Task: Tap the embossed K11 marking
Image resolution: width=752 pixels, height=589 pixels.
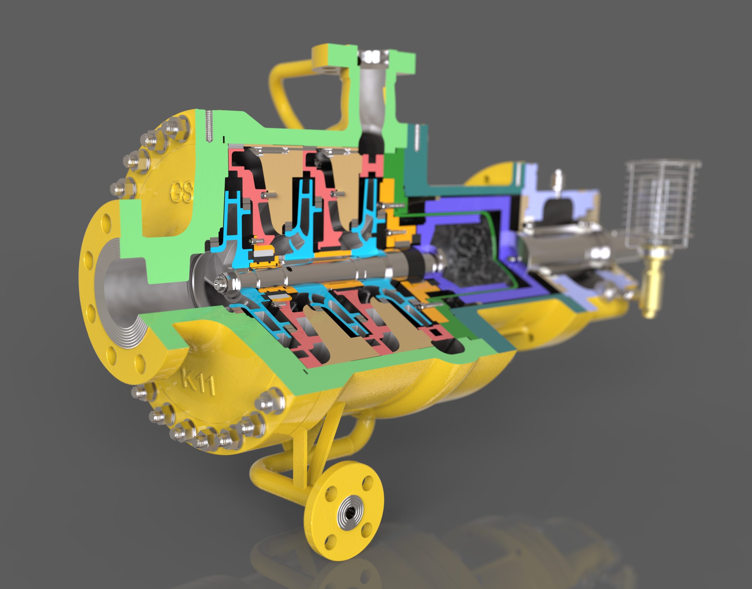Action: pos(199,380)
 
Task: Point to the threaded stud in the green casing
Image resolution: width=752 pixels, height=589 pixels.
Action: pos(209,125)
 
